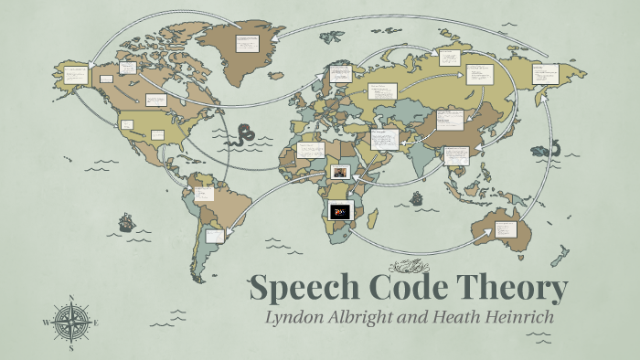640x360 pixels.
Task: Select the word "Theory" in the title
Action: (x=515, y=290)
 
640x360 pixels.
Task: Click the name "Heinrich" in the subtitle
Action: (x=520, y=318)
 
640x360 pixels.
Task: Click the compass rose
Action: (x=69, y=322)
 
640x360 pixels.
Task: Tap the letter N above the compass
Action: (x=70, y=298)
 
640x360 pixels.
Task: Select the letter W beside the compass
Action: (x=46, y=323)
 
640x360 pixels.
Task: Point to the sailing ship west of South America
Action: (x=125, y=222)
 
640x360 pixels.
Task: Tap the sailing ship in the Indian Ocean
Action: (x=417, y=197)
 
